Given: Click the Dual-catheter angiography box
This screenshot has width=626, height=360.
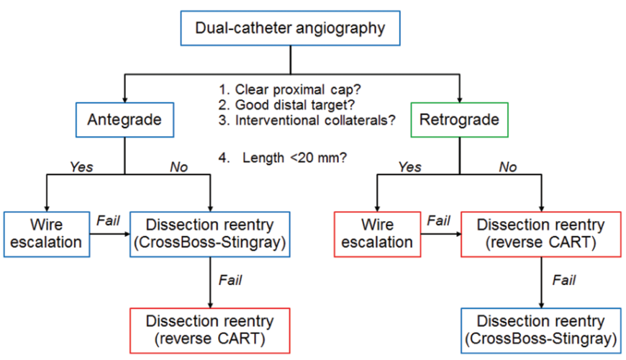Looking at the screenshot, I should tap(291, 29).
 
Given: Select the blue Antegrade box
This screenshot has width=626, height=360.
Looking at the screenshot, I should tap(125, 120).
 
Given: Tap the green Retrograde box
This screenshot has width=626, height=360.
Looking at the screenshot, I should tap(459, 120).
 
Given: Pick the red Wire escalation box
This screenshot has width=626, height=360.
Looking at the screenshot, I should tap(378, 233).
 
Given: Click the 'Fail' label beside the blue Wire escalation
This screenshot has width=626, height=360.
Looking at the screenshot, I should tap(108, 219).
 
